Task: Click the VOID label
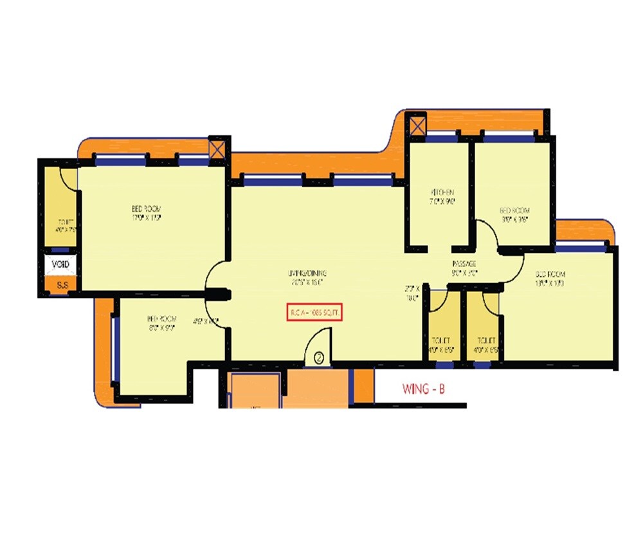coord(60,264)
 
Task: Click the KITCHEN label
coord(442,192)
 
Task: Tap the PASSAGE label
coord(464,264)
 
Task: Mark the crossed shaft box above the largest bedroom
coord(218,149)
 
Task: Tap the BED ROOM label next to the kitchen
coord(514,211)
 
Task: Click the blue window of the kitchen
coord(440,136)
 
